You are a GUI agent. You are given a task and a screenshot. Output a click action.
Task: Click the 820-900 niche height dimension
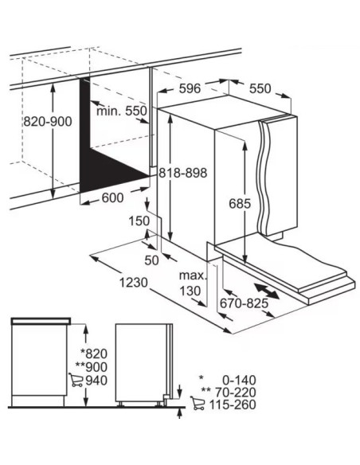pos(48,122)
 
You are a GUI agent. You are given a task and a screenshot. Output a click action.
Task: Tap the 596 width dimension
pos(190,88)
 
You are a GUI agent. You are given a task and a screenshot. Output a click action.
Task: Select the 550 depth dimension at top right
pos(260,88)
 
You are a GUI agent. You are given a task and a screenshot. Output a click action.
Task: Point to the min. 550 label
pos(122,111)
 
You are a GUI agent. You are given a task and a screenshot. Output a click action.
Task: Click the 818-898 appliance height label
pos(182,173)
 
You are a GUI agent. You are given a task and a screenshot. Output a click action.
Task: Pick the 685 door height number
pos(240,204)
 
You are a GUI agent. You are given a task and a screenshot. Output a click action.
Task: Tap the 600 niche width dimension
pos(112,197)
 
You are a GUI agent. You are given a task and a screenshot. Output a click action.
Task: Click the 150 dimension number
pos(139,221)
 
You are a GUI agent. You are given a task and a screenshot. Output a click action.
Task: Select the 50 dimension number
pos(151,260)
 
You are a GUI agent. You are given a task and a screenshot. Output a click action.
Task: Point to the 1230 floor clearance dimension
pos(134,283)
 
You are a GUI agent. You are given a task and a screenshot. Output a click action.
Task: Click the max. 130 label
pos(192,283)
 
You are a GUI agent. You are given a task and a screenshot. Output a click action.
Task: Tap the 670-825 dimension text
pos(244,303)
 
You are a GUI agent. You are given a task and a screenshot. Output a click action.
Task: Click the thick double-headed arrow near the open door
pos(267,291)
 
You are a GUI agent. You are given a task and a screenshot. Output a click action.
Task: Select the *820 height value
pos(94,354)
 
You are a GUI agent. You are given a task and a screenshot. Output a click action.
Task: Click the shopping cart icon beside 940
pos(76,380)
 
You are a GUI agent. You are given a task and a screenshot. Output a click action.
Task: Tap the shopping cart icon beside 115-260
pos(198,404)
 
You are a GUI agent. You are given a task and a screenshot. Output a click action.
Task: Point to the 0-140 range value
pos(239,380)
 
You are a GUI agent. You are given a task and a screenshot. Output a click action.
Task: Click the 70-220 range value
pos(235,393)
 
